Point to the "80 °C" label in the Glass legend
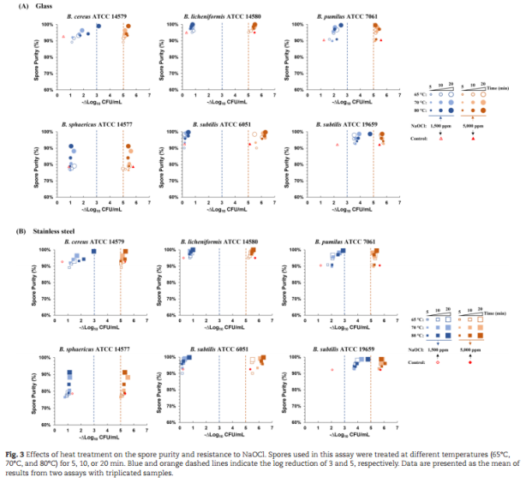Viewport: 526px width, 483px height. tap(421, 110)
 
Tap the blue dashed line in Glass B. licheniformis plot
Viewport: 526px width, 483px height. tap(221, 56)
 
